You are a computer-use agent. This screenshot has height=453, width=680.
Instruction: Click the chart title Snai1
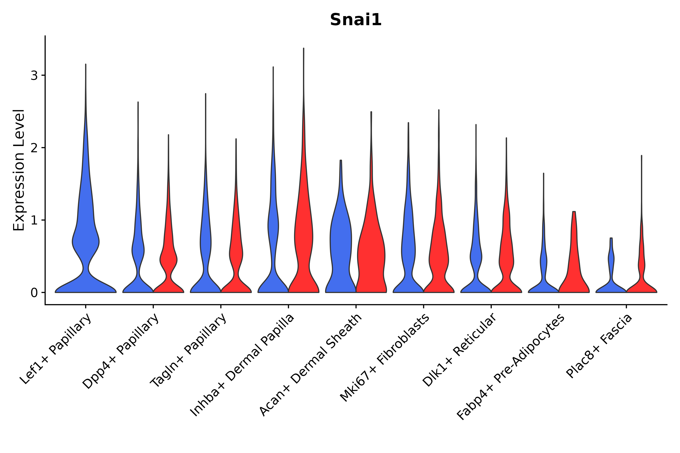(x=356, y=20)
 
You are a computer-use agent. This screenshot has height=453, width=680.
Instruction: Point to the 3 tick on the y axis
(x=34, y=75)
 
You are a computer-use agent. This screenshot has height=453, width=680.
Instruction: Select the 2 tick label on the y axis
(x=34, y=148)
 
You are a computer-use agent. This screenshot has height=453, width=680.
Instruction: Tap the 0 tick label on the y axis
(x=34, y=293)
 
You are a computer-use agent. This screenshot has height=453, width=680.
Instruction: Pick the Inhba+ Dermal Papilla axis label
(x=242, y=365)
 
